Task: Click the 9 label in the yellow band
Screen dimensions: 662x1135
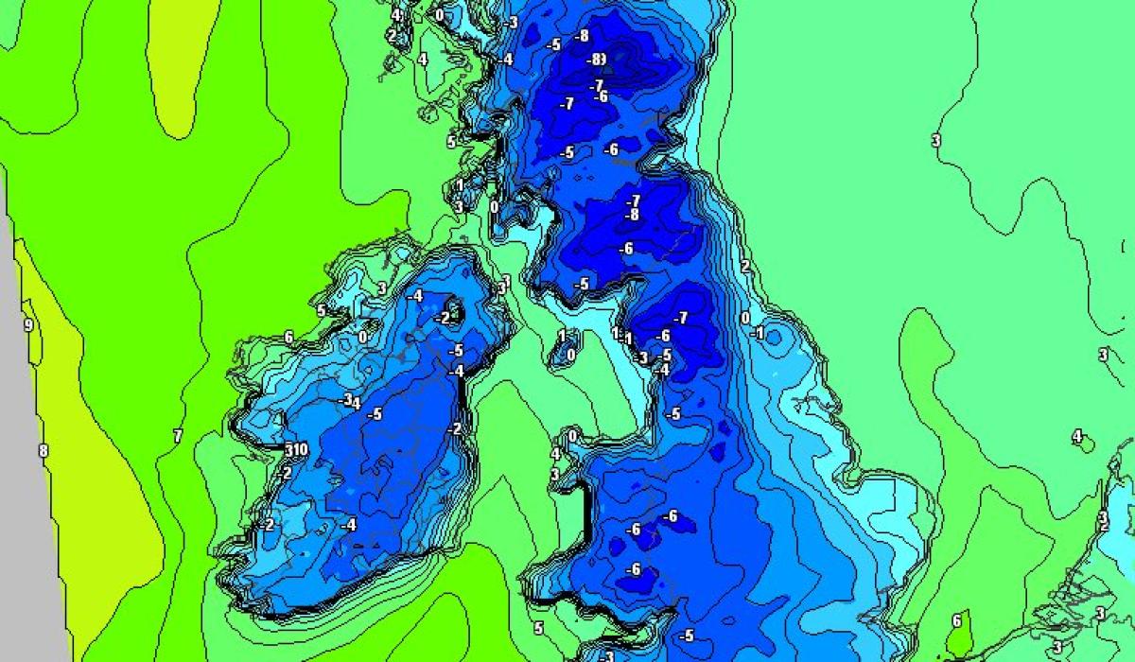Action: click(28, 325)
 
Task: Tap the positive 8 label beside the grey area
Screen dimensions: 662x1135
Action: click(43, 450)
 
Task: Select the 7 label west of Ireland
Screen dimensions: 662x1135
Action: click(177, 436)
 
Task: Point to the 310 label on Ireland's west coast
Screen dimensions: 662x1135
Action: click(296, 449)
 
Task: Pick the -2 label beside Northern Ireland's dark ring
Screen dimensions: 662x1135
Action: click(443, 318)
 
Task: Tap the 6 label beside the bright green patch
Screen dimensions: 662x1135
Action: click(956, 621)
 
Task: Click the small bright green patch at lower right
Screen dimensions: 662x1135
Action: click(962, 635)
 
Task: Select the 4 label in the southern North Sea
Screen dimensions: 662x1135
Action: click(1076, 436)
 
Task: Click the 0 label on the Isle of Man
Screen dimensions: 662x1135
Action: click(570, 355)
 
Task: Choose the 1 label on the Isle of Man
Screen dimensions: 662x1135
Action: click(562, 336)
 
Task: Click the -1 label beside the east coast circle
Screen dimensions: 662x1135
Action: click(757, 333)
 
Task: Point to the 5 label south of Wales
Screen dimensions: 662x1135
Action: click(538, 628)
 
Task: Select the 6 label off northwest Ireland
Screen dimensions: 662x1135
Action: click(288, 337)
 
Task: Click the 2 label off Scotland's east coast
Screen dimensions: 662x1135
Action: click(745, 267)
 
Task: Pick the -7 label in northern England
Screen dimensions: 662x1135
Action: click(681, 317)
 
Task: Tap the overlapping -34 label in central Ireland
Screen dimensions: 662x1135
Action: click(352, 402)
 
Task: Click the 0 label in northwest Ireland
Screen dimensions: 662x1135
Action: click(363, 336)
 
